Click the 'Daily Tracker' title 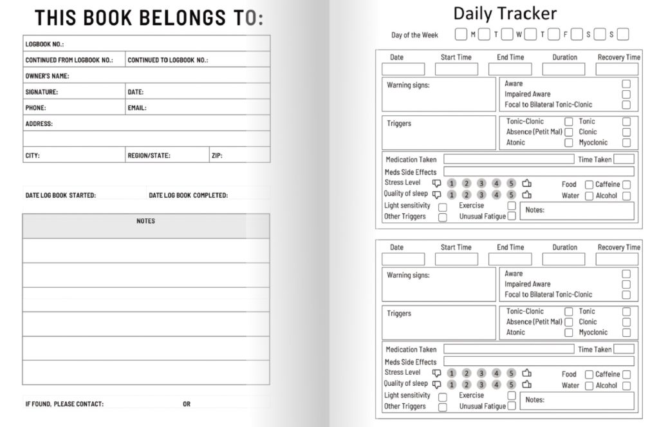tap(505, 14)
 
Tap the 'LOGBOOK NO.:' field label tap(44, 44)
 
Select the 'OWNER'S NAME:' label tap(47, 76)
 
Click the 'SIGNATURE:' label tap(41, 92)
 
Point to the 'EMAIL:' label tap(136, 108)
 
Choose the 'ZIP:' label tap(217, 155)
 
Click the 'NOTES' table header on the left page tap(145, 221)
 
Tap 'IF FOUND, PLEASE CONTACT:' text tap(64, 404)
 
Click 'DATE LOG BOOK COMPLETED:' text tap(188, 195)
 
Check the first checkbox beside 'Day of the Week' tap(461, 34)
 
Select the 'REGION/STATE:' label tap(149, 155)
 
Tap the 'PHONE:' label tap(35, 108)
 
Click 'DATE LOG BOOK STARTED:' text tap(60, 195)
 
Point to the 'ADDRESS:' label tap(39, 124)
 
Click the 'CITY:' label tap(32, 155)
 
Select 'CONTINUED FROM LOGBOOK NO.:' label tap(69, 61)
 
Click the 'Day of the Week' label tap(414, 35)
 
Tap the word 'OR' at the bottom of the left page tap(187, 404)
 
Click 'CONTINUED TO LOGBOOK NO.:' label tap(167, 61)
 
